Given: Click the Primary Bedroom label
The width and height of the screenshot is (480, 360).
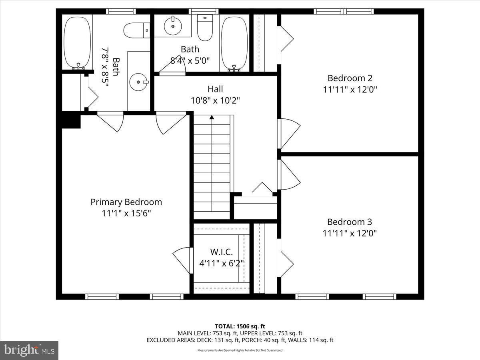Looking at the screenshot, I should point(126,202).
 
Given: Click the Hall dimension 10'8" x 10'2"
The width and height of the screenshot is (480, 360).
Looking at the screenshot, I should point(215,100).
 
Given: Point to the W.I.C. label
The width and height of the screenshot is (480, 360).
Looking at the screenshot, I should point(222,252).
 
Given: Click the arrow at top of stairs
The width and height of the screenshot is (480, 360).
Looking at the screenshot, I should point(212,117).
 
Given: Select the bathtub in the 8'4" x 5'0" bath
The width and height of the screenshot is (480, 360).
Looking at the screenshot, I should point(234,43).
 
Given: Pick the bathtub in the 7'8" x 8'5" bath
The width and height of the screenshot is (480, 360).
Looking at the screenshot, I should point(77,42).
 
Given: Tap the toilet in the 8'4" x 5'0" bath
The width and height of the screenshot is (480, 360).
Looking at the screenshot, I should point(206,29).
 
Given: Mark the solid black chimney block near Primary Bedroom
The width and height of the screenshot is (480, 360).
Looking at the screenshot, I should point(71,120).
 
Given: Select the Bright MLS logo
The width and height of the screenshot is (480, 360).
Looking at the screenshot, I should point(29,350).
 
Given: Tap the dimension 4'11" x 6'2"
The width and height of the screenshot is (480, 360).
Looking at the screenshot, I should point(222,263).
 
